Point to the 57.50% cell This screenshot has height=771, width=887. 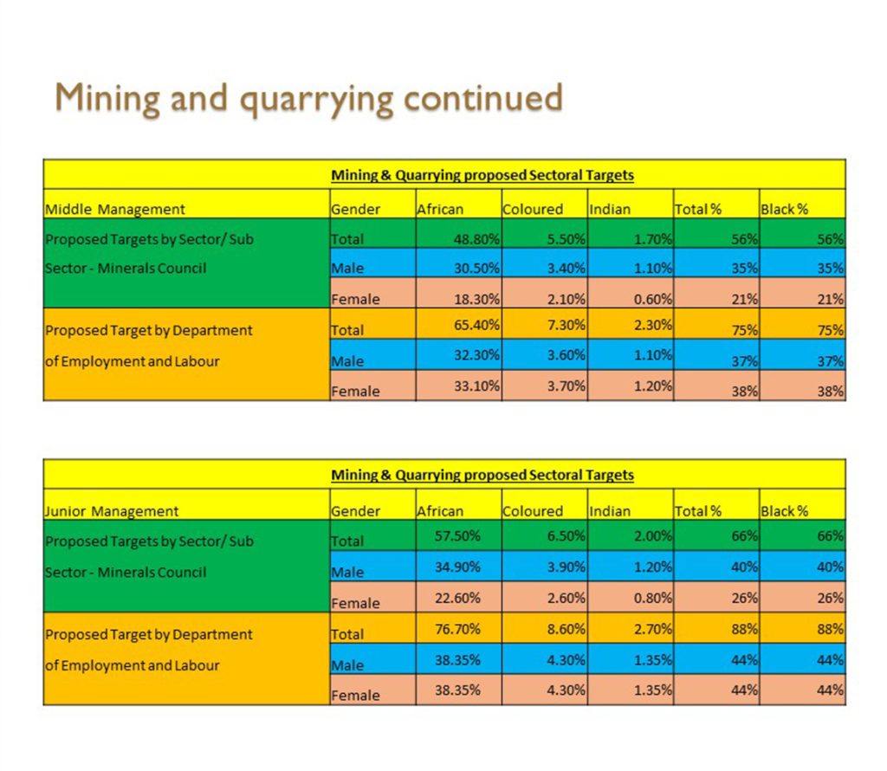coord(458,536)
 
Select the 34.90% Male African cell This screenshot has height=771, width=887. coord(458,567)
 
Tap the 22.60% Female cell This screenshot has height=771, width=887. coord(458,598)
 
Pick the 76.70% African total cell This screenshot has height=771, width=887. coord(458,629)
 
